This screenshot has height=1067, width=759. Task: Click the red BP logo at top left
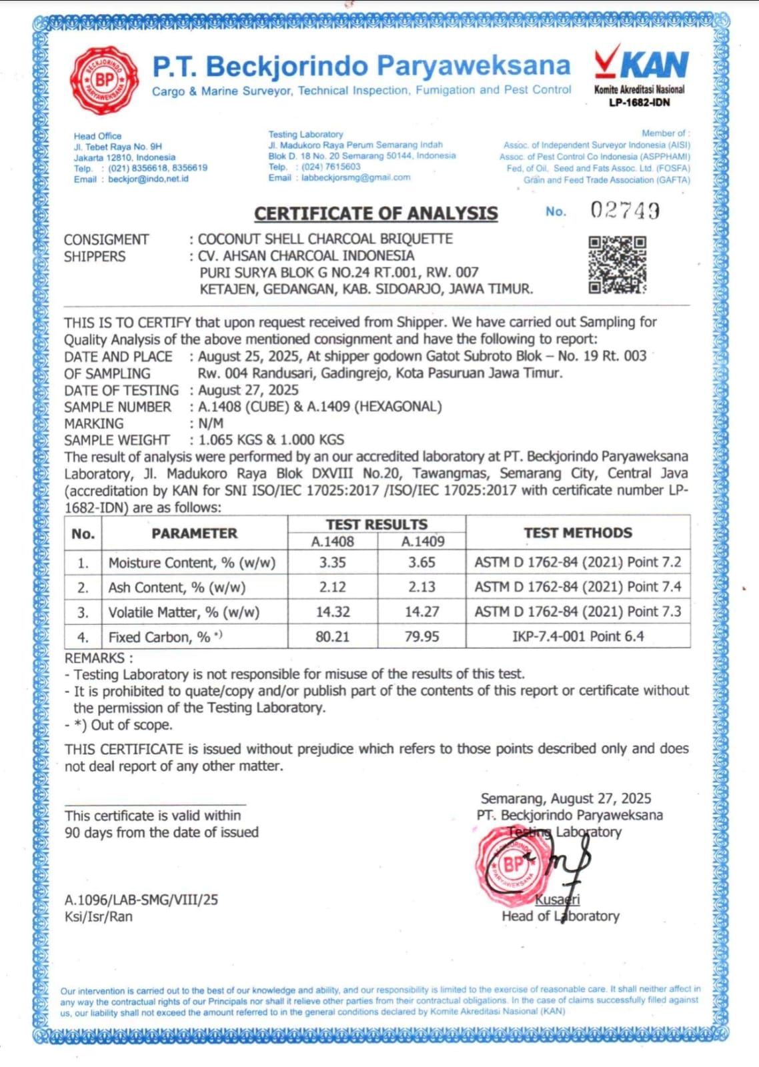coord(105,79)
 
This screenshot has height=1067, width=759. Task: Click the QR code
coord(617,265)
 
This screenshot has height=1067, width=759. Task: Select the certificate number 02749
coord(625,211)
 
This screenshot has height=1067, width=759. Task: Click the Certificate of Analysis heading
coord(376,213)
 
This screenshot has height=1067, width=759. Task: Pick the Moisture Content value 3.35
coord(332,562)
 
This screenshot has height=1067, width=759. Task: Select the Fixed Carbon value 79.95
coord(422,637)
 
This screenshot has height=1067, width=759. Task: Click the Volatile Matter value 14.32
coord(332,612)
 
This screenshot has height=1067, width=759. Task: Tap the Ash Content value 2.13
coord(422,587)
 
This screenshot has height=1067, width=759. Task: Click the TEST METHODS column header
coord(578,533)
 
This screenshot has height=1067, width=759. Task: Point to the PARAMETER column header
coord(194,533)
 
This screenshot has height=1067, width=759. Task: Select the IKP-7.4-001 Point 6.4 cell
coord(578,636)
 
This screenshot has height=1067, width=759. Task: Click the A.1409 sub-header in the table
coord(422,542)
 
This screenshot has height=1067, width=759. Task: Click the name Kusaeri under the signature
coord(558,900)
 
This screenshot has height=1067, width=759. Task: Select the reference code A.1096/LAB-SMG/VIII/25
coord(141,900)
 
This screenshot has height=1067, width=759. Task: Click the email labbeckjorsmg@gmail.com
coord(355,177)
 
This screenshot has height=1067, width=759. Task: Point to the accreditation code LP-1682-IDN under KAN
coord(639,103)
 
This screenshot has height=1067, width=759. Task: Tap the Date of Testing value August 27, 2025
coord(248,390)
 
